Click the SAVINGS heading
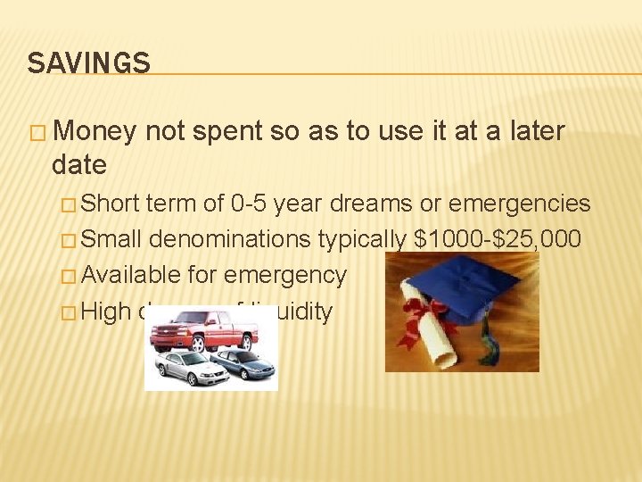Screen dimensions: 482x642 88,63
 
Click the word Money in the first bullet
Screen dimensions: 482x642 95,131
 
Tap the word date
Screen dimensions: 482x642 79,164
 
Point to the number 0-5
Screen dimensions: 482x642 247,204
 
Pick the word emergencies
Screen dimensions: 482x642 520,204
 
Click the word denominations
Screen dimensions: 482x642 231,239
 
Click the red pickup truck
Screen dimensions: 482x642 204,333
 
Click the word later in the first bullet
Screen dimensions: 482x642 538,131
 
